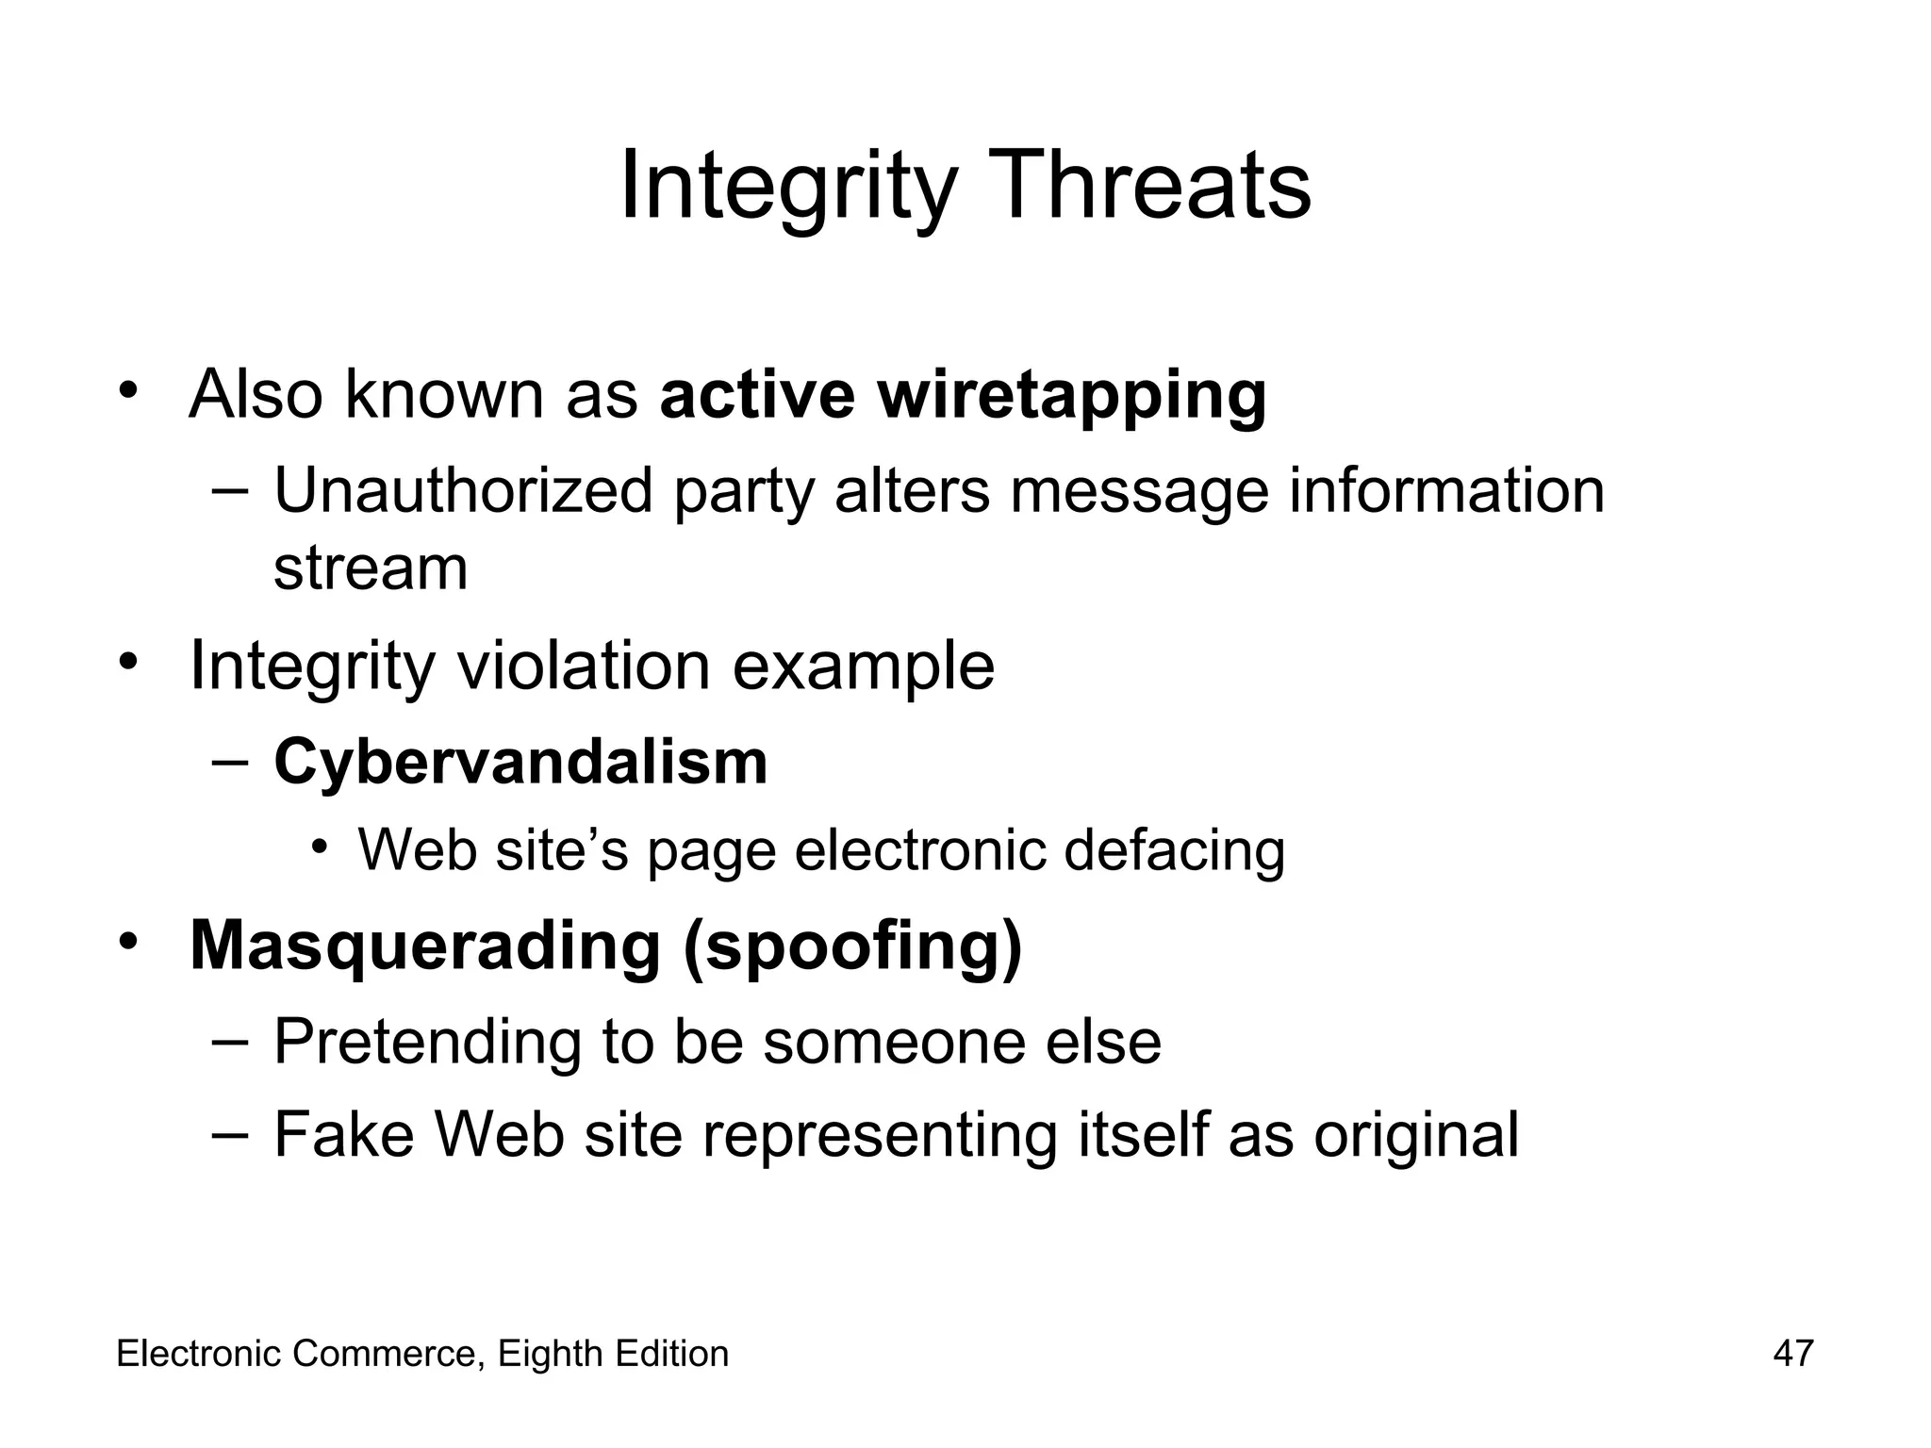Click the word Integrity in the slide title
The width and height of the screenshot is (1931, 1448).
point(788,186)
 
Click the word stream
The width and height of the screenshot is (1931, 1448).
point(371,568)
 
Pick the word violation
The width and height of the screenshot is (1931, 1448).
point(583,666)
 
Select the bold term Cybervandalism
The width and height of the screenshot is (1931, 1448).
point(520,762)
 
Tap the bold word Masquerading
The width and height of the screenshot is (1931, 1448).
point(425,946)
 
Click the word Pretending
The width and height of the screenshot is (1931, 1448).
point(427,1042)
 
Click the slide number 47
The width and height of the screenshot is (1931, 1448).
point(1792,1354)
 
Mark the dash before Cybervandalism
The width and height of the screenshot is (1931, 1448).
point(230,760)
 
